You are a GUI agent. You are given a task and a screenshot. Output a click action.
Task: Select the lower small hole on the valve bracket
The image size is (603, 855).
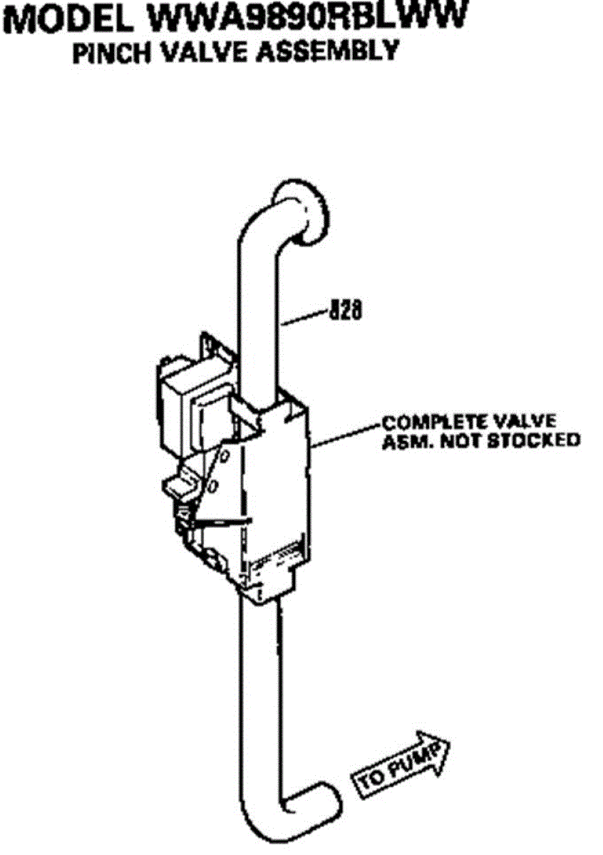(x=214, y=487)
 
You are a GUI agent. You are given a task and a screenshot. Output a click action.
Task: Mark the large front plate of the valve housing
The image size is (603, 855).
(x=274, y=499)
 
